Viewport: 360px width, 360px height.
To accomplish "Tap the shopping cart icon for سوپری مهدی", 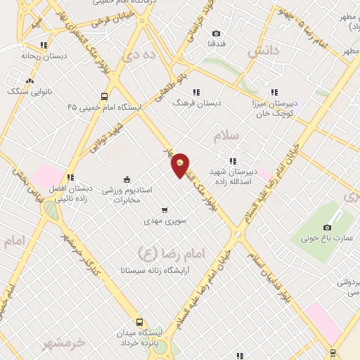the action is coord(165,210).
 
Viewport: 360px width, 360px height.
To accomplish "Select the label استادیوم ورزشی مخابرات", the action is coord(127,195).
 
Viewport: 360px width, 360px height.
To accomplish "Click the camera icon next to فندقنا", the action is coord(216,33).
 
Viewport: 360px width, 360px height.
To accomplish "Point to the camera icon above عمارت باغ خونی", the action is coord(327,227).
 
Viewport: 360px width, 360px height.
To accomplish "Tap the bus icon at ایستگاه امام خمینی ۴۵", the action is coord(105,96).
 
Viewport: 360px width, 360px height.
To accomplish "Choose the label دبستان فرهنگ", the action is coord(198,102).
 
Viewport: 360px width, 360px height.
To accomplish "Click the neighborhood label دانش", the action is coord(264,51).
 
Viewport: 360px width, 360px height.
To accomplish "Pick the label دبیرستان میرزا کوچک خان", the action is coord(273,107).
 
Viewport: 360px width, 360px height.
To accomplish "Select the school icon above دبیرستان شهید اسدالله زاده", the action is coord(233,161).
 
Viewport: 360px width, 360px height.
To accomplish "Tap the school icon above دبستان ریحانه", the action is coord(44,45).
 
